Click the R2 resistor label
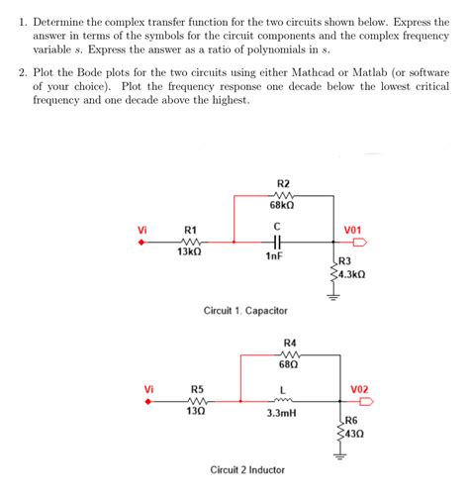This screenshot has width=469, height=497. tap(285, 183)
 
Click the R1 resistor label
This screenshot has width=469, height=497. tap(190, 230)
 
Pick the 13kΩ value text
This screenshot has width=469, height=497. tap(190, 252)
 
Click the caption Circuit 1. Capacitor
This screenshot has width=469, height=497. tap(246, 310)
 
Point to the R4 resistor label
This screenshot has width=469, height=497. tap(290, 343)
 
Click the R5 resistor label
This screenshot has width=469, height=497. tap(197, 389)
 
